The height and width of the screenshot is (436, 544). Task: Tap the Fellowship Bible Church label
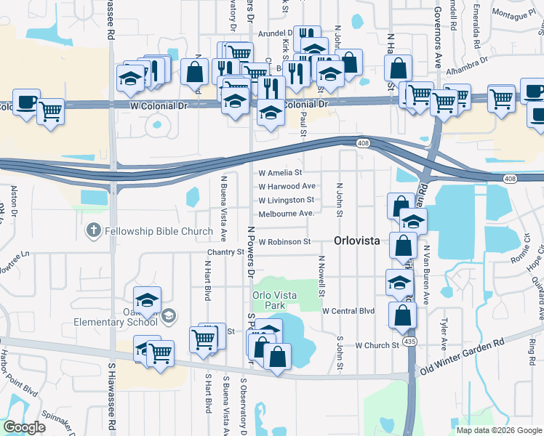point(158,232)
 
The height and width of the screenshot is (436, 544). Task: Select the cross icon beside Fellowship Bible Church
point(93,232)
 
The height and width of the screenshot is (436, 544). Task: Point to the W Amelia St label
point(280,173)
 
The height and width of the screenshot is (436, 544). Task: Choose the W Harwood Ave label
point(287,186)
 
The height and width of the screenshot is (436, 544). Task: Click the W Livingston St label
point(287,200)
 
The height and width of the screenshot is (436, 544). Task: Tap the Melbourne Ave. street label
point(287,213)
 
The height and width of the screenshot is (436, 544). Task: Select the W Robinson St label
point(284,241)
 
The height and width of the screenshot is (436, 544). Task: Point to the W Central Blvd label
point(348,311)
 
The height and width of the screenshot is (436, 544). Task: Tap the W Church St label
point(377,345)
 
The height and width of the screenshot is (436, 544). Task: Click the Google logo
point(24,427)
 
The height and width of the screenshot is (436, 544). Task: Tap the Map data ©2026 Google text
point(499,429)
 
